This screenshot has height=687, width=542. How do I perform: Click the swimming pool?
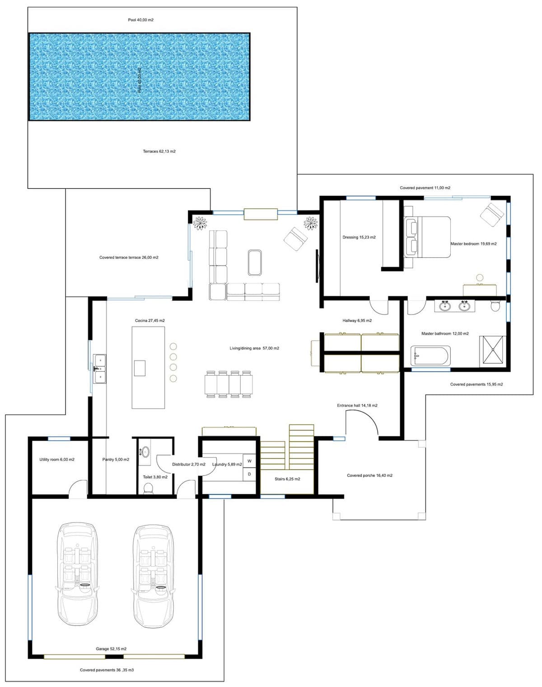[140, 76]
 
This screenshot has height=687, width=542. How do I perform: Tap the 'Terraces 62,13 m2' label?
[159, 151]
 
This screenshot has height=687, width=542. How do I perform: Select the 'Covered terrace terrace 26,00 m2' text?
[129, 257]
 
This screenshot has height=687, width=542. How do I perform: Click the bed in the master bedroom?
[427, 237]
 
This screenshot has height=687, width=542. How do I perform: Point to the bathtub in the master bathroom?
[430, 355]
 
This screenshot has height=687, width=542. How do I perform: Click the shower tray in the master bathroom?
[492, 350]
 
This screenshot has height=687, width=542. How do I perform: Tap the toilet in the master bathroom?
[495, 306]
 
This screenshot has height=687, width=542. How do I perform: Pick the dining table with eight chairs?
[229, 384]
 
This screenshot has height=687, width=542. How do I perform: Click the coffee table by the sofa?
[255, 262]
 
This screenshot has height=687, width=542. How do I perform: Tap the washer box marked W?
[249, 461]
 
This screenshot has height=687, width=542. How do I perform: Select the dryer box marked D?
[249, 474]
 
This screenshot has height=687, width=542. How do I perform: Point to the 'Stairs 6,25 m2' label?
[287, 479]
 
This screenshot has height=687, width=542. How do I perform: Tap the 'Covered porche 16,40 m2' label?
[369, 476]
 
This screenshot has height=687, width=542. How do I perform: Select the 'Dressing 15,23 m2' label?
[359, 237]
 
